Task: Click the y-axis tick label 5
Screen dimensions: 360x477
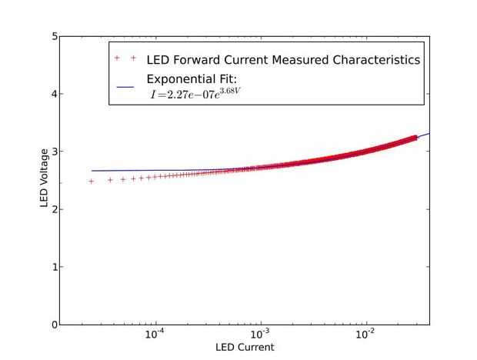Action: pyautogui.click(x=54, y=36)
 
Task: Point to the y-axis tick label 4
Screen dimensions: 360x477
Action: pyautogui.click(x=54, y=94)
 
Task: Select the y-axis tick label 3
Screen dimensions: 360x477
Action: pyautogui.click(x=54, y=152)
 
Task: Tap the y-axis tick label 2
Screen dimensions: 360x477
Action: pyautogui.click(x=54, y=209)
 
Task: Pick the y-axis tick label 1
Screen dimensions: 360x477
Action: pyautogui.click(x=54, y=267)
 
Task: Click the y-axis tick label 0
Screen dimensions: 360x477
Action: pyautogui.click(x=54, y=325)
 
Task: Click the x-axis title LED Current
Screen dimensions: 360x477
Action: pyautogui.click(x=244, y=347)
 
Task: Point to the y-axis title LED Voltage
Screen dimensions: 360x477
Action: pyautogui.click(x=45, y=181)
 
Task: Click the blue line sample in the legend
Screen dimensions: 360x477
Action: pyautogui.click(x=126, y=85)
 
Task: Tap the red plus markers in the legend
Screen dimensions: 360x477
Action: pyautogui.click(x=125, y=58)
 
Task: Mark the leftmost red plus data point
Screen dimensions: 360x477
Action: pyautogui.click(x=92, y=182)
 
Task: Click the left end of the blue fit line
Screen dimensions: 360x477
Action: pyautogui.click(x=92, y=171)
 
